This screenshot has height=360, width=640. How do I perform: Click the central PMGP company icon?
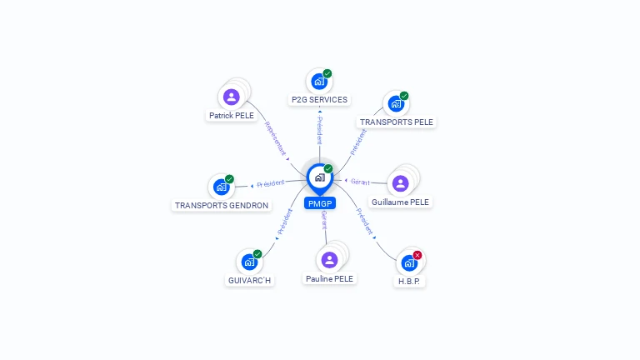pos(319,177)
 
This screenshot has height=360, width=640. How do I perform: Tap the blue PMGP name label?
pos(320,203)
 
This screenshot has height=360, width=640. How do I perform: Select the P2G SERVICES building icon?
pos(317,82)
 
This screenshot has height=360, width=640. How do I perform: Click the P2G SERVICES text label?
pos(319,100)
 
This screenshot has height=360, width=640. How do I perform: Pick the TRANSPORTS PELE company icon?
pos(396,104)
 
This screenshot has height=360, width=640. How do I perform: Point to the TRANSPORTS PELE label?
pos(397,122)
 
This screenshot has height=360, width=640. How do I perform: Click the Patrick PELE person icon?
pos(232,97)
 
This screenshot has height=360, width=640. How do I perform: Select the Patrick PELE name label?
pos(232,116)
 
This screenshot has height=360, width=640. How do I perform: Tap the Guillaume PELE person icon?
pos(401,183)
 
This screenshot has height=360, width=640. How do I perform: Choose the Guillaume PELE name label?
pos(402,202)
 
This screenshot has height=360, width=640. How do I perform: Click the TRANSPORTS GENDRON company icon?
pos(221,187)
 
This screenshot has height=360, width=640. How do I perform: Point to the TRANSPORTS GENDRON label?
pos(222,205)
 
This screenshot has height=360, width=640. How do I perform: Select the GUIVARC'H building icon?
pos(248,262)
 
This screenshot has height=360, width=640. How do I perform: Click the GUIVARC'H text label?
pos(250,281)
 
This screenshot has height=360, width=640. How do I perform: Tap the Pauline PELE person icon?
pos(329,259)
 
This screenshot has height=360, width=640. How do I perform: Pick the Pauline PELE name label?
pos(329,278)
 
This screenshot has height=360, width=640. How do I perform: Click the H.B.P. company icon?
pos(408,262)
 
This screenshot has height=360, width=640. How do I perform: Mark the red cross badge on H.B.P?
pos(417,255)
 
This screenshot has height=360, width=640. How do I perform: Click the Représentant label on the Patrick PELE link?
pos(275,139)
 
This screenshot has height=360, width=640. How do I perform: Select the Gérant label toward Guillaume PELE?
pos(360,181)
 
